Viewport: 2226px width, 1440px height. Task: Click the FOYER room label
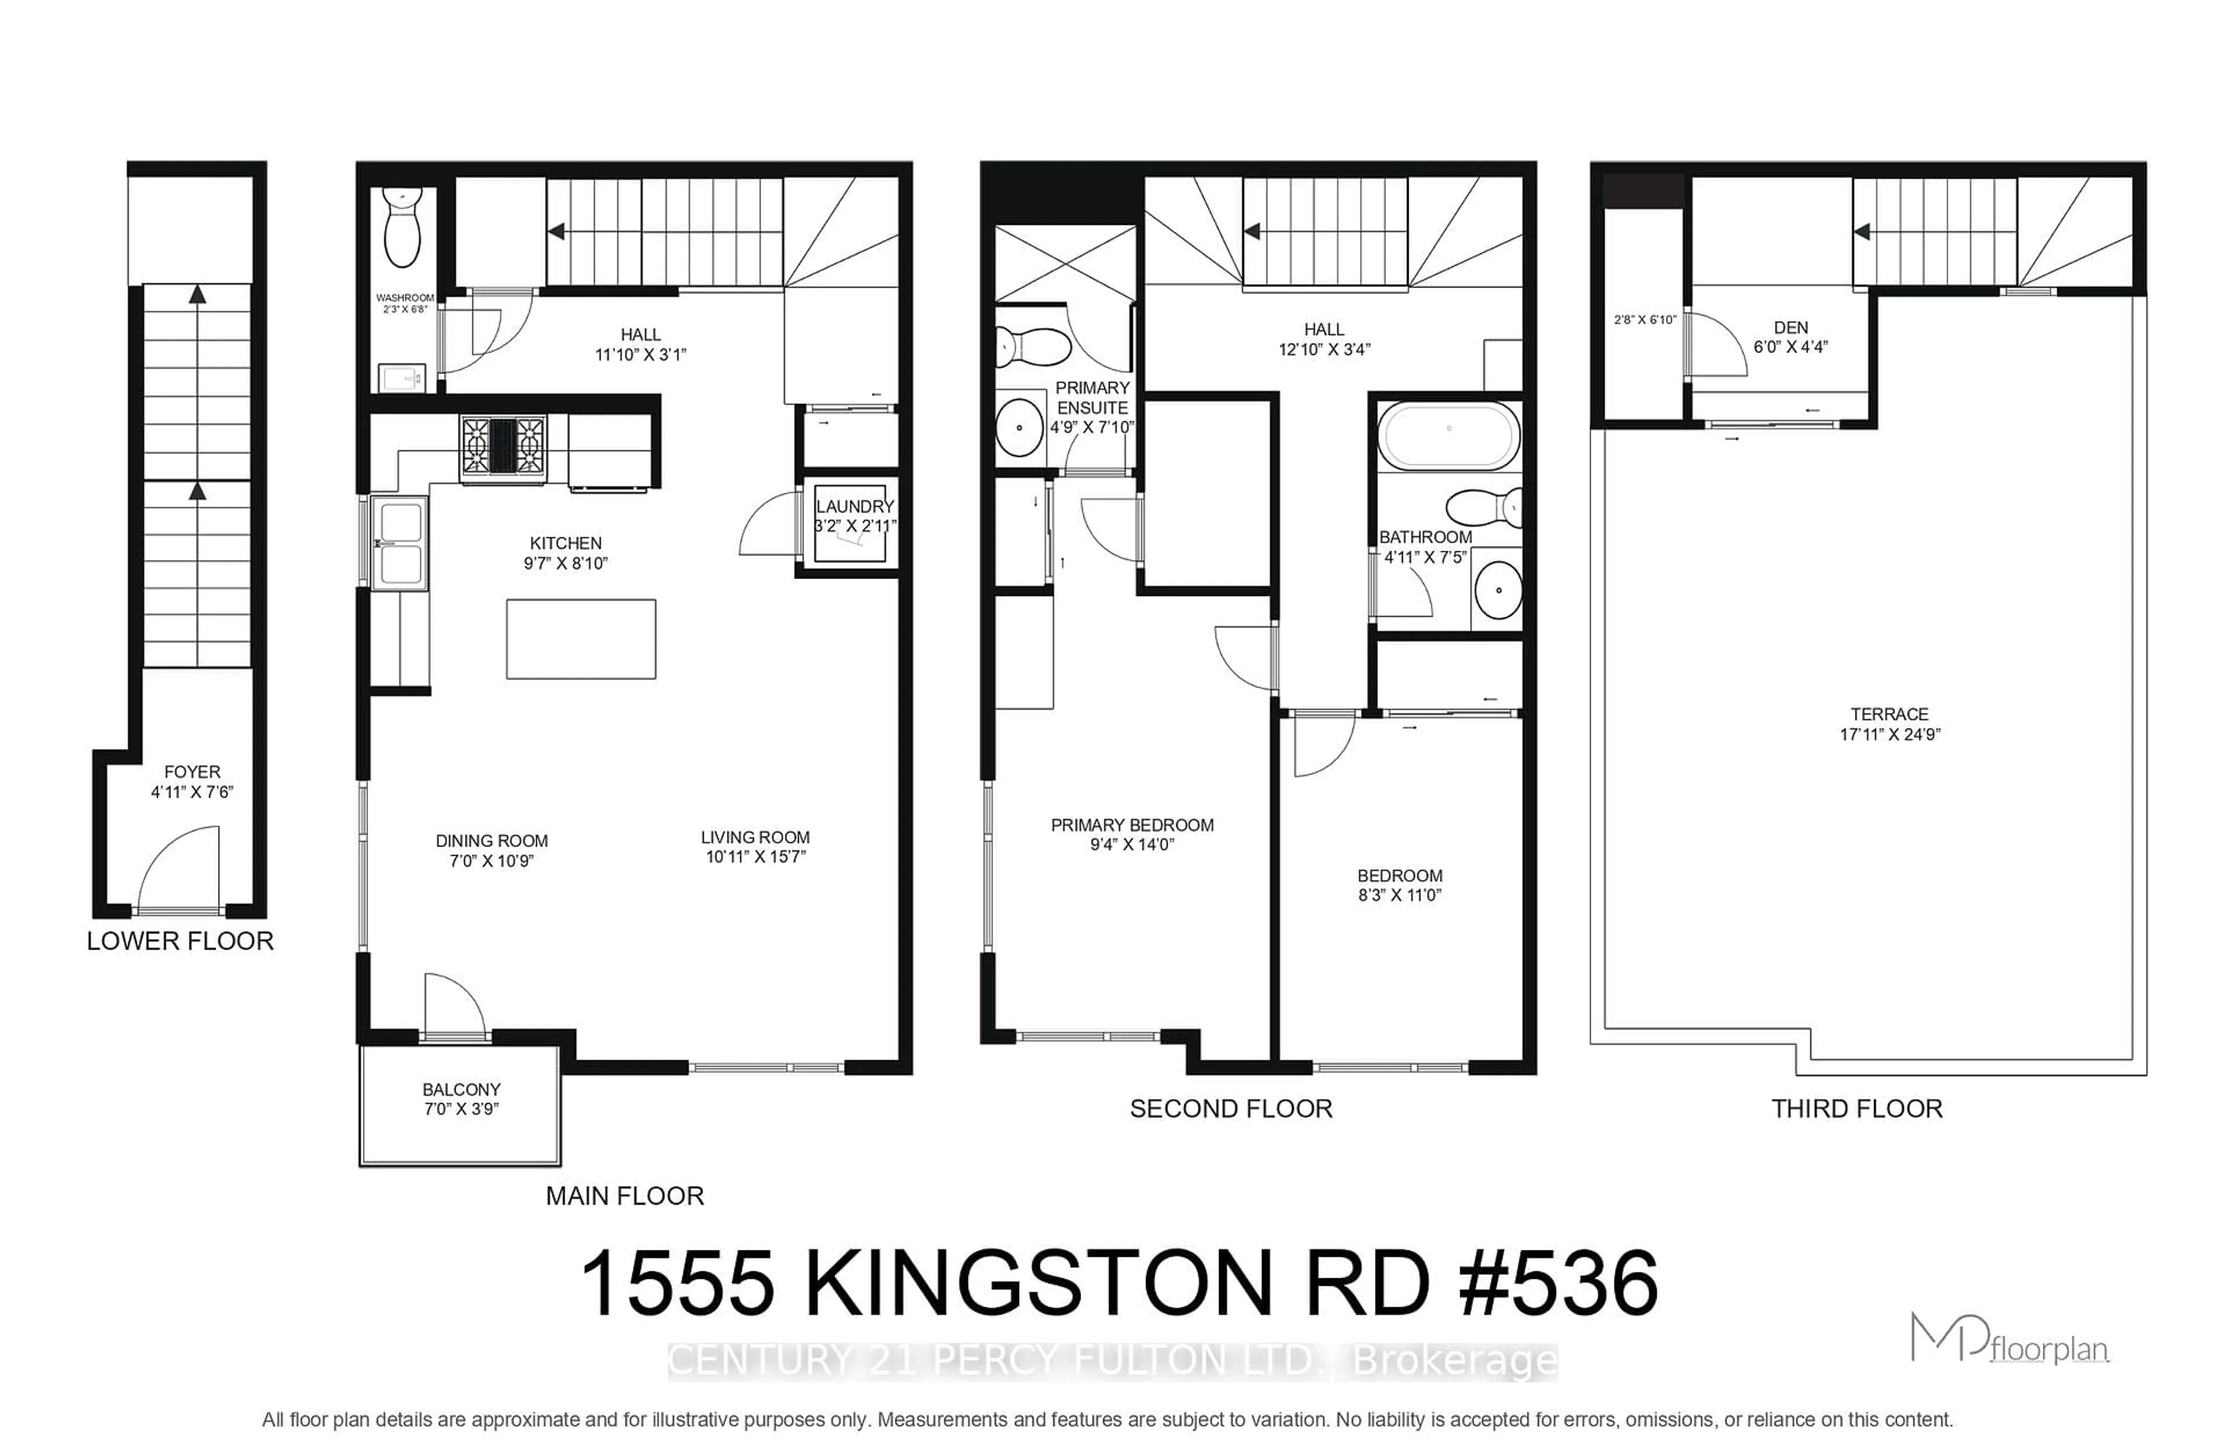pyautogui.click(x=192, y=772)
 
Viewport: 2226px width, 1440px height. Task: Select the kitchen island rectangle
pyautogui.click(x=581, y=639)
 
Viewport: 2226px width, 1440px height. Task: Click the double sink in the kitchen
pyautogui.click(x=399, y=543)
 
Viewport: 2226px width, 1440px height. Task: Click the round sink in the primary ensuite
pyautogui.click(x=1018, y=427)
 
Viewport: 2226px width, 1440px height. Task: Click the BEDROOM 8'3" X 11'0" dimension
pyautogui.click(x=1399, y=896)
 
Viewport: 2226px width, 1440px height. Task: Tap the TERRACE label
pyautogui.click(x=1889, y=714)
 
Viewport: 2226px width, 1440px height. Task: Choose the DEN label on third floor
pyautogui.click(x=1790, y=328)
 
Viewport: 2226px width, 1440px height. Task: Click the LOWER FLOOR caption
pyautogui.click(x=180, y=941)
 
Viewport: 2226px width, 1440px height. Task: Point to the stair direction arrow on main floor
pyautogui.click(x=556, y=231)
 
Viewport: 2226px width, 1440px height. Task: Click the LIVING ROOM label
pyautogui.click(x=755, y=838)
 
